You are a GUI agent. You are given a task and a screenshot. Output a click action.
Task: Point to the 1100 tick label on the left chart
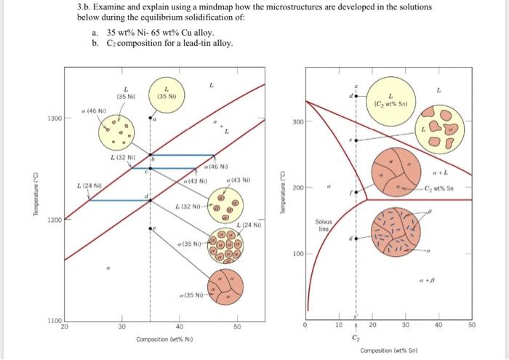[55, 321]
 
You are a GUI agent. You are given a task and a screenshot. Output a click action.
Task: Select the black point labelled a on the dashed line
[151, 117]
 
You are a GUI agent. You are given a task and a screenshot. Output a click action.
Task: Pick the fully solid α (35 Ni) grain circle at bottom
[224, 287]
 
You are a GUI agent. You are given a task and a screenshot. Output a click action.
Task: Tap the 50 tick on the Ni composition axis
[236, 327]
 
